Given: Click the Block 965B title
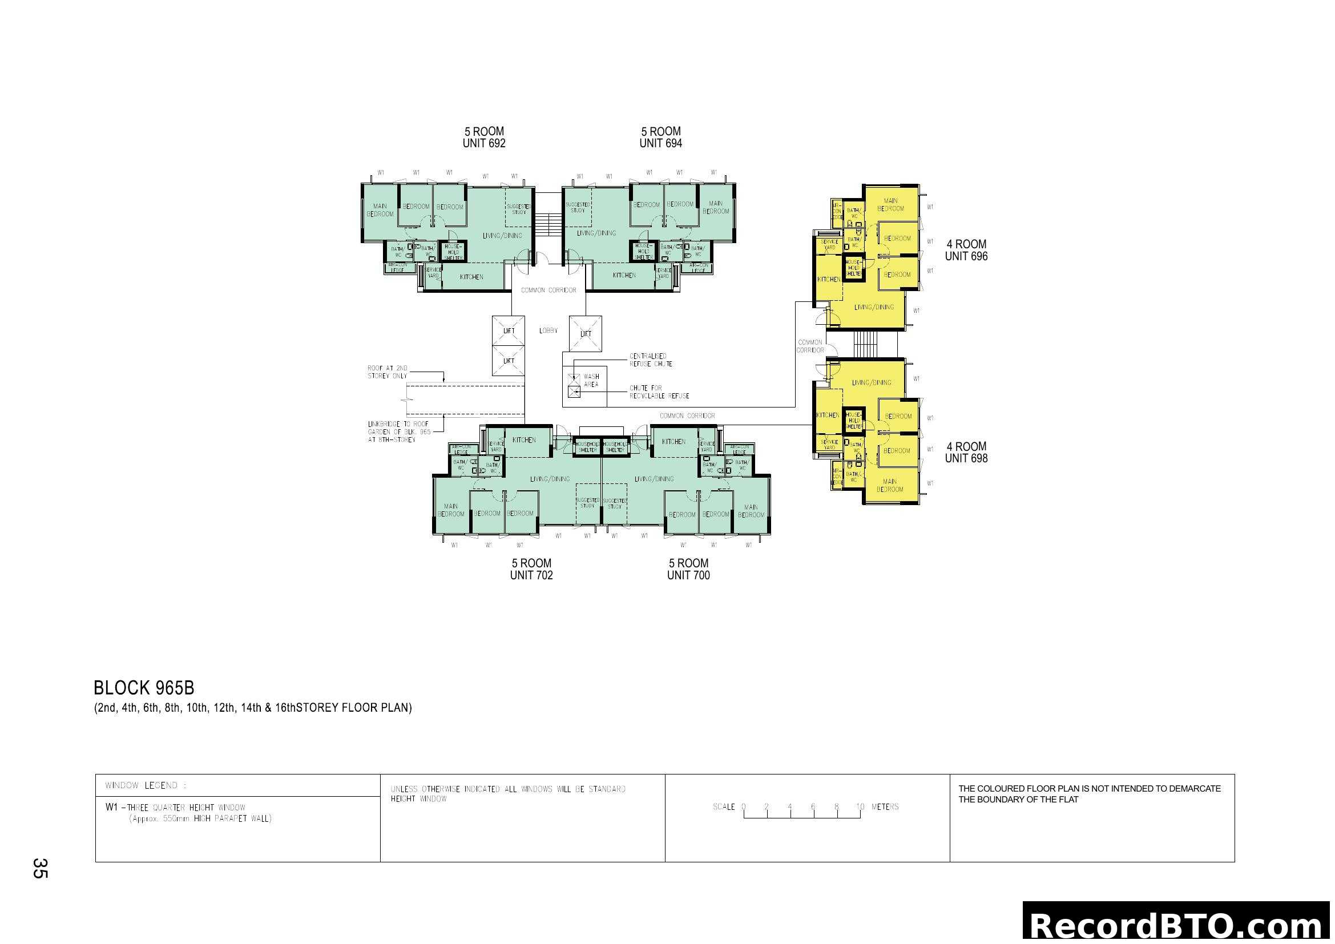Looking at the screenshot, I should pyautogui.click(x=144, y=688).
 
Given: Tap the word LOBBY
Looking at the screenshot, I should pyautogui.click(x=548, y=331).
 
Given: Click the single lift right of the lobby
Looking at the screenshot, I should pyautogui.click(x=586, y=334).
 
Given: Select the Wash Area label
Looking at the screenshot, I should pyautogui.click(x=591, y=381).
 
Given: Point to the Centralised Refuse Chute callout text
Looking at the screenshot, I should pyautogui.click(x=651, y=360).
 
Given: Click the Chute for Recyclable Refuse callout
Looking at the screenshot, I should pyautogui.click(x=659, y=392).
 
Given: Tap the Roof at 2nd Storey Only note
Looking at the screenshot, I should pyautogui.click(x=387, y=372).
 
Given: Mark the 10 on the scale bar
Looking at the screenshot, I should pyautogui.click(x=860, y=807).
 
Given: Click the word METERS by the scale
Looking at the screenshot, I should pyautogui.click(x=885, y=807).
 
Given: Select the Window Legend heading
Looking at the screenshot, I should pyautogui.click(x=146, y=786).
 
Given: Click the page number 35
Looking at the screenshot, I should pyautogui.click(x=40, y=868).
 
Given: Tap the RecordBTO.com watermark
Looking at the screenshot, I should pyautogui.click(x=1178, y=926).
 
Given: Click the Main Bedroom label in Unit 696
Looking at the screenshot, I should pyautogui.click(x=890, y=205).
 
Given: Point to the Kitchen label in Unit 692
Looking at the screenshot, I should pyautogui.click(x=471, y=277).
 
